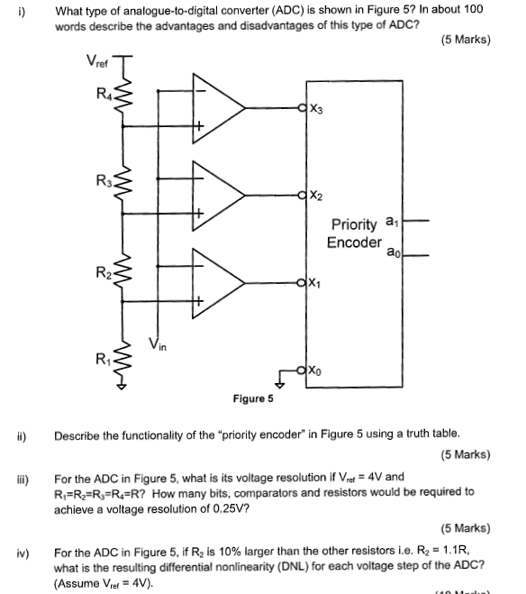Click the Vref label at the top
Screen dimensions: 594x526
click(96, 63)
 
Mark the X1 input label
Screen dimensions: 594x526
click(314, 284)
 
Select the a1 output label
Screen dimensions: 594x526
click(389, 221)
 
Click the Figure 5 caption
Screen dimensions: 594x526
click(253, 398)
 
